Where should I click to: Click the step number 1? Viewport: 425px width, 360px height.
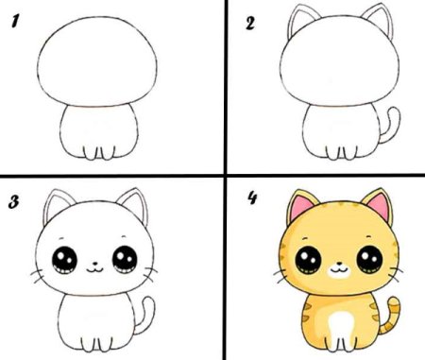point(15,22)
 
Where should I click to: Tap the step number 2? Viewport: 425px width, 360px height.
point(250,24)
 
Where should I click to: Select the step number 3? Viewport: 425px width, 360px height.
point(13,202)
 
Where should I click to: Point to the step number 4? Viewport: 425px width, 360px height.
point(252,198)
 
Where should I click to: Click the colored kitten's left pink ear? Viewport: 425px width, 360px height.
point(300,206)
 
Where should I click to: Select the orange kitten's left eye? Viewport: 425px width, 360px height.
point(308,260)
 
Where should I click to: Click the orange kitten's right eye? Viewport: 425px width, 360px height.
point(369,259)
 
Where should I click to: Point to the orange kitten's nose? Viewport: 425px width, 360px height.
point(339,263)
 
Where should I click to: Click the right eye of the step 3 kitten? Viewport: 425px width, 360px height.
point(125,260)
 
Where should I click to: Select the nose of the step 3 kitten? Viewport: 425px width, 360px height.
point(94,263)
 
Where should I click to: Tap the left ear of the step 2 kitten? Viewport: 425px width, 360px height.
point(300,19)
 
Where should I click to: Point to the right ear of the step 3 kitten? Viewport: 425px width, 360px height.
point(136,201)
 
